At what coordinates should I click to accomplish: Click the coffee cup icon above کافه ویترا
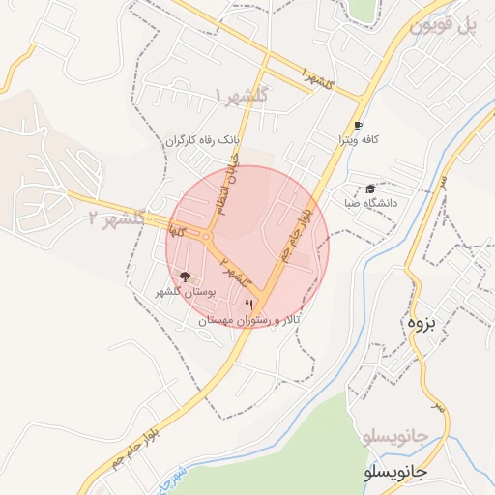point(358,126)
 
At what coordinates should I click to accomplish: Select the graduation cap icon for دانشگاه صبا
point(370,189)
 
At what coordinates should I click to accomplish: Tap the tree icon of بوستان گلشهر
point(186,277)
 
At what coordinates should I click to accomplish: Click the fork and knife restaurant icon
point(248,305)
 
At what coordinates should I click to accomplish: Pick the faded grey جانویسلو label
point(395,438)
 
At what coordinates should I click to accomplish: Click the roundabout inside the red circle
point(207,237)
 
